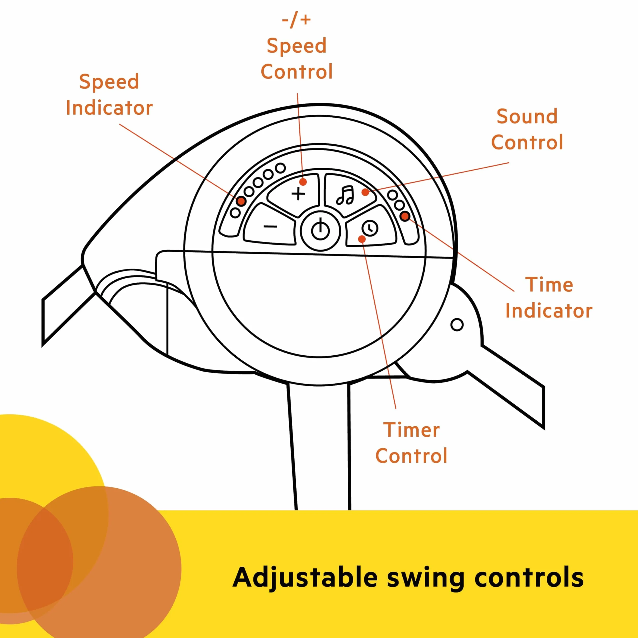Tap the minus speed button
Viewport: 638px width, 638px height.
pyautogui.click(x=269, y=225)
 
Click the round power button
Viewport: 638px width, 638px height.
pyautogui.click(x=320, y=230)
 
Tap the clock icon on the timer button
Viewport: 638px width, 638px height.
pyautogui.click(x=370, y=228)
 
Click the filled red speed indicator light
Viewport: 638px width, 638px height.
pyautogui.click(x=241, y=201)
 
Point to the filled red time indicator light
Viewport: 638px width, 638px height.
pyautogui.click(x=405, y=216)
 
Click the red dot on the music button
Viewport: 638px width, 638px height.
pyautogui.click(x=365, y=192)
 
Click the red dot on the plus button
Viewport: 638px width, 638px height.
pyautogui.click(x=303, y=182)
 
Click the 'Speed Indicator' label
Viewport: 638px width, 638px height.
pyautogui.click(x=109, y=95)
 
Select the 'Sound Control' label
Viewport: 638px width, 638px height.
pyautogui.click(x=527, y=129)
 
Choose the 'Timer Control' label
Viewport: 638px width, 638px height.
pyautogui.click(x=412, y=443)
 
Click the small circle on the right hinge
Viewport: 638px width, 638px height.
pyautogui.click(x=457, y=325)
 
